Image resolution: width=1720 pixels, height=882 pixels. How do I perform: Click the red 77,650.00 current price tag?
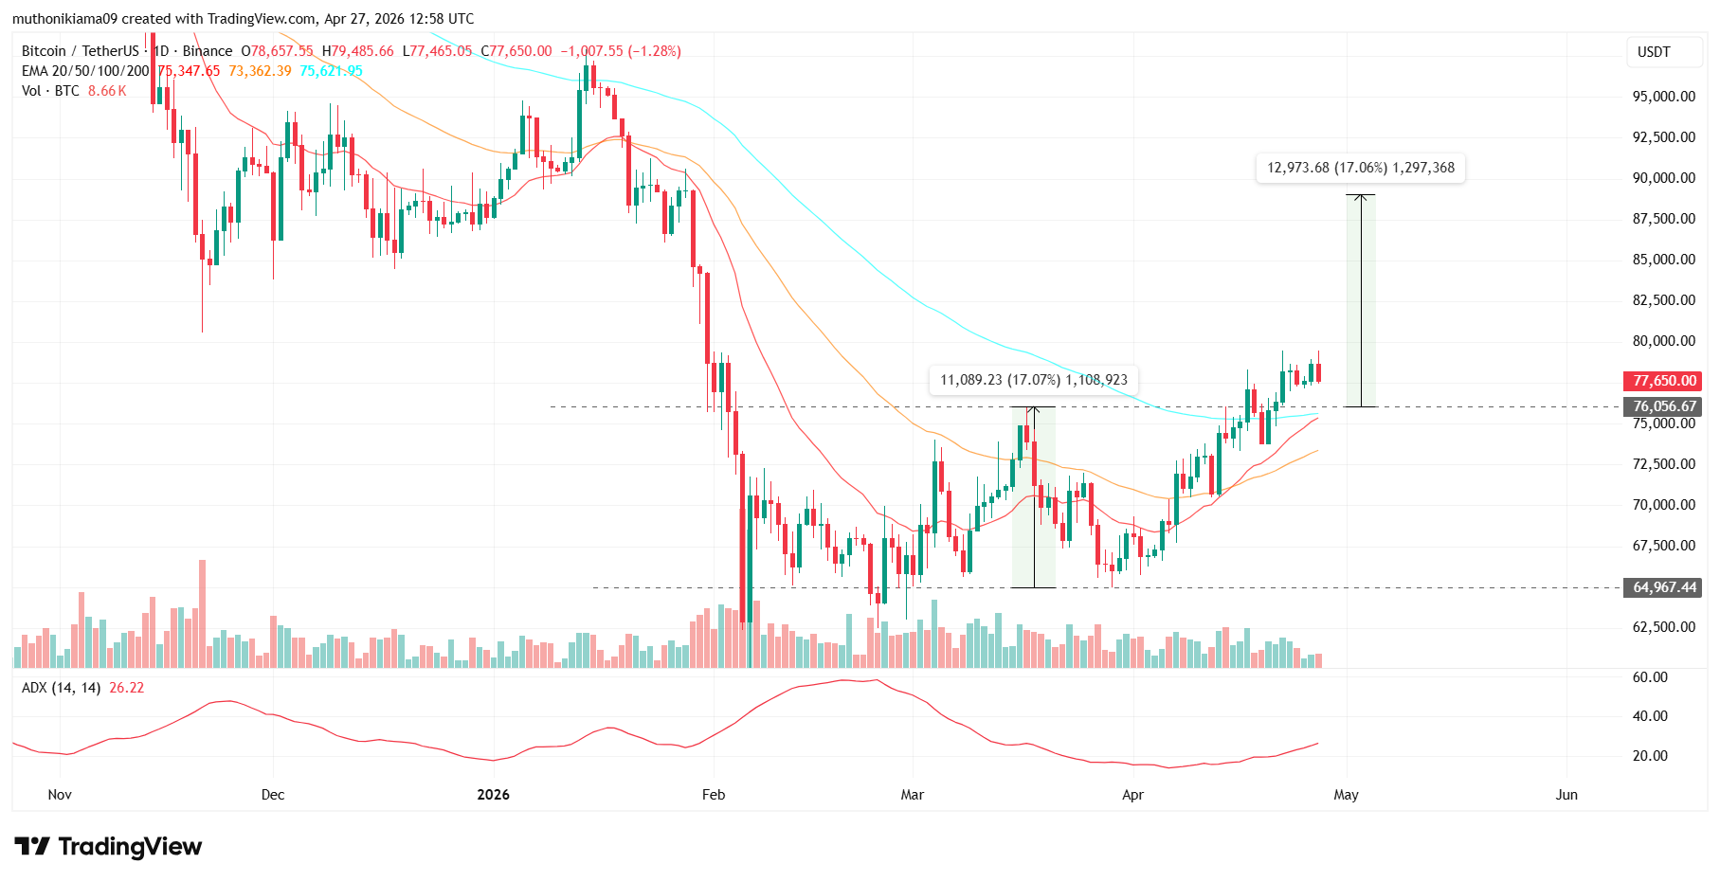pyautogui.click(x=1664, y=381)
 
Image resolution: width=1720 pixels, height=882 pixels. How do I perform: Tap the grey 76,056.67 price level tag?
pyautogui.click(x=1664, y=406)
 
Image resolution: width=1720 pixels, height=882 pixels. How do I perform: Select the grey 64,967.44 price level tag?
pyautogui.click(x=1664, y=587)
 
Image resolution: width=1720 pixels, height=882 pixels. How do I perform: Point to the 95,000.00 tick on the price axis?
pyautogui.click(x=1663, y=97)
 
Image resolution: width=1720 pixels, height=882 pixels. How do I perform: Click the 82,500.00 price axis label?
pyautogui.click(x=1663, y=300)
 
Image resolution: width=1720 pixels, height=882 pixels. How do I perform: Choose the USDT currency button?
pyautogui.click(x=1654, y=52)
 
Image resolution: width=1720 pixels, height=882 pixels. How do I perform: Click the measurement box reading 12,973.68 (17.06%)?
pyautogui.click(x=1360, y=168)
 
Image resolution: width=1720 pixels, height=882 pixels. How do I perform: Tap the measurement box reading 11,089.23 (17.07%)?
pyautogui.click(x=1033, y=380)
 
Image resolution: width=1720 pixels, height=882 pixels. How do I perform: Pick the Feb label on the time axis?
pyautogui.click(x=714, y=795)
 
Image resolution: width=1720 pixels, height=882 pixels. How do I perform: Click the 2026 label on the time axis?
pyautogui.click(x=494, y=795)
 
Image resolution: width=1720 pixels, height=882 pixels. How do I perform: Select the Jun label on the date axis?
pyautogui.click(x=1566, y=795)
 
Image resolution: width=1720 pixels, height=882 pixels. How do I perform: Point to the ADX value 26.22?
pyautogui.click(x=127, y=688)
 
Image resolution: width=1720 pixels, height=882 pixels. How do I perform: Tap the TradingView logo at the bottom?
pyautogui.click(x=108, y=846)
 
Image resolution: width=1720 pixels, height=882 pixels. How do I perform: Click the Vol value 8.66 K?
pyautogui.click(x=107, y=91)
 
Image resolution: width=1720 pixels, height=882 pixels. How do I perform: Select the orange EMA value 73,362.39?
pyautogui.click(x=260, y=71)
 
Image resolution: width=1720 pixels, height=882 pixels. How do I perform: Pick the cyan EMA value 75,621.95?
pyautogui.click(x=331, y=71)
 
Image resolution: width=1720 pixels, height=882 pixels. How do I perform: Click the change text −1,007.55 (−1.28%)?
pyautogui.click(x=621, y=51)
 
